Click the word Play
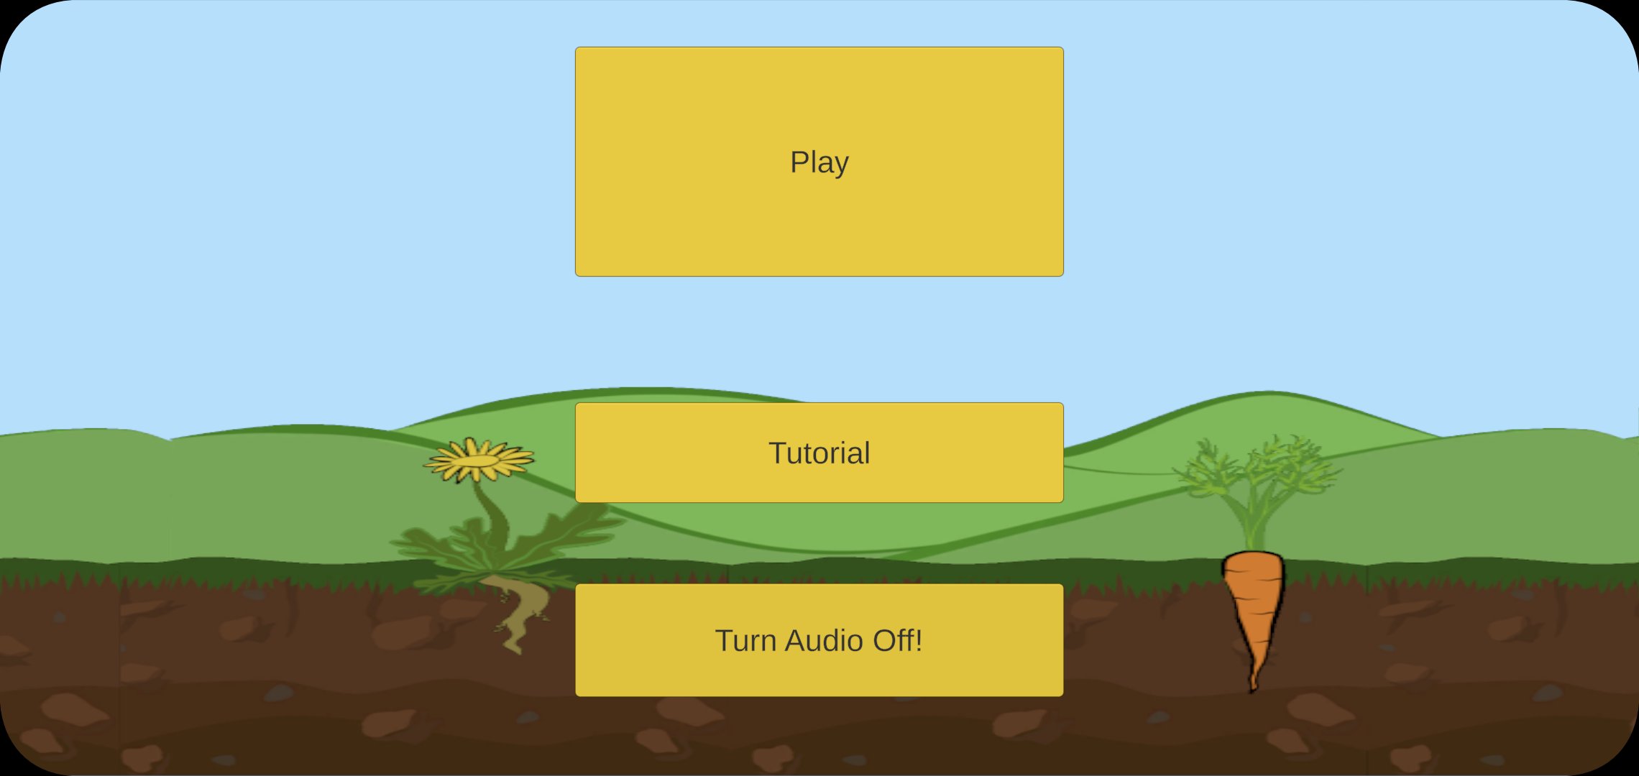[x=819, y=162]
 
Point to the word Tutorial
[x=819, y=453]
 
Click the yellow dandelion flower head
[x=478, y=461]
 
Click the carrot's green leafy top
[x=1258, y=474]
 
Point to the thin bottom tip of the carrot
[x=1253, y=683]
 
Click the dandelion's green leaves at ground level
[x=503, y=553]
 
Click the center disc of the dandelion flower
[x=478, y=461]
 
